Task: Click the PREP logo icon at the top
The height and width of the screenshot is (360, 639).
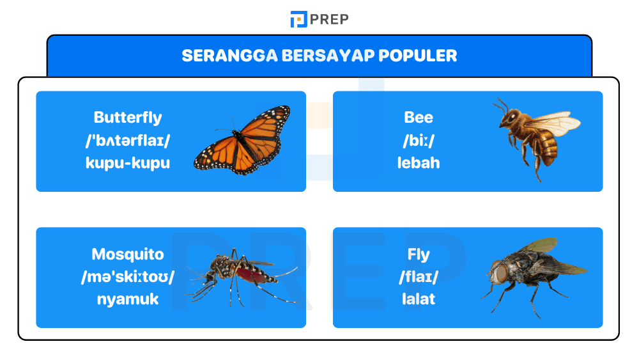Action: [298, 19]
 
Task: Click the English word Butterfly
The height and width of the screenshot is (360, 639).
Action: [128, 118]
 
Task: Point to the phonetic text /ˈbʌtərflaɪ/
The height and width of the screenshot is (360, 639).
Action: [128, 140]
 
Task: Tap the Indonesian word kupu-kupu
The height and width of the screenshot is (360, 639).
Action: [128, 162]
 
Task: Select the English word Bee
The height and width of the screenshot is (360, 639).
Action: [419, 118]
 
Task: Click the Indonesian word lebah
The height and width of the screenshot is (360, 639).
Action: [419, 162]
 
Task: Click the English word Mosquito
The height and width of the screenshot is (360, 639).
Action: [128, 254]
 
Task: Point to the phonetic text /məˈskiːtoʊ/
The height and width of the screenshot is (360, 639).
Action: [128, 277]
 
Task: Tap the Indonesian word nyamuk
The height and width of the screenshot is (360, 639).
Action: [128, 299]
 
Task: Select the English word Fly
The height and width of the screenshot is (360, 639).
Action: [419, 254]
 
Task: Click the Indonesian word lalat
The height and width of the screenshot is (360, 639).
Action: [419, 299]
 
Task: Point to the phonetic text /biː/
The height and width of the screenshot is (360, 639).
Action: [419, 140]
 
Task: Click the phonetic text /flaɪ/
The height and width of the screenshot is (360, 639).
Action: [419, 277]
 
